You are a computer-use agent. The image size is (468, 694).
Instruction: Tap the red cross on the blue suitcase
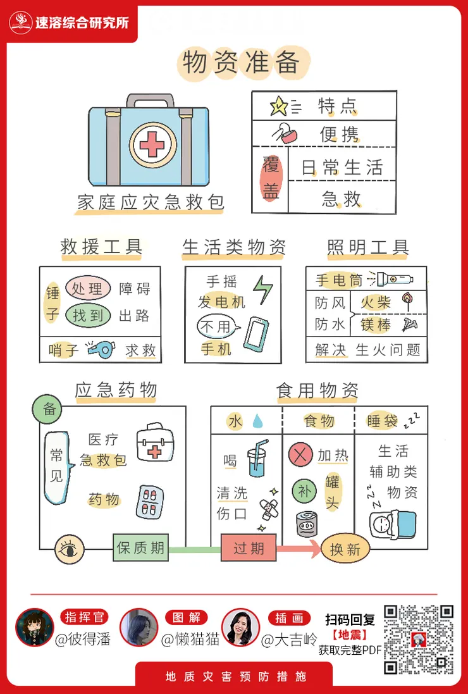point(152,145)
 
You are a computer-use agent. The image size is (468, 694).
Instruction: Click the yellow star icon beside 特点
point(278,105)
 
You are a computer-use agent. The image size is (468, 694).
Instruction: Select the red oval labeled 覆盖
point(270,179)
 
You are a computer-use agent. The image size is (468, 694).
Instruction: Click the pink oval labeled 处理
point(87,289)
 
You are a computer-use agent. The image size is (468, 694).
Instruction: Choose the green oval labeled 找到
point(87,315)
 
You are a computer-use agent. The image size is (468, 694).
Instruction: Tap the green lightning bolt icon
point(262,290)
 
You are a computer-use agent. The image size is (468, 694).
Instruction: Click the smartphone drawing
point(256,334)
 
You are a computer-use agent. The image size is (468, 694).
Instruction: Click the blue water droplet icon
point(257,421)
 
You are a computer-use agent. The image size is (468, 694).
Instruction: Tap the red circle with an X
point(300,455)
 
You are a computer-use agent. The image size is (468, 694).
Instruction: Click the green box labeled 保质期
point(140,548)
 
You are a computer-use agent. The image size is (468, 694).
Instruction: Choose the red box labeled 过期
point(249,548)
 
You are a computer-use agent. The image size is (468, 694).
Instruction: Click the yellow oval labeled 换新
point(345,549)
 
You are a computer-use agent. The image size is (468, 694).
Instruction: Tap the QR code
point(419,640)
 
